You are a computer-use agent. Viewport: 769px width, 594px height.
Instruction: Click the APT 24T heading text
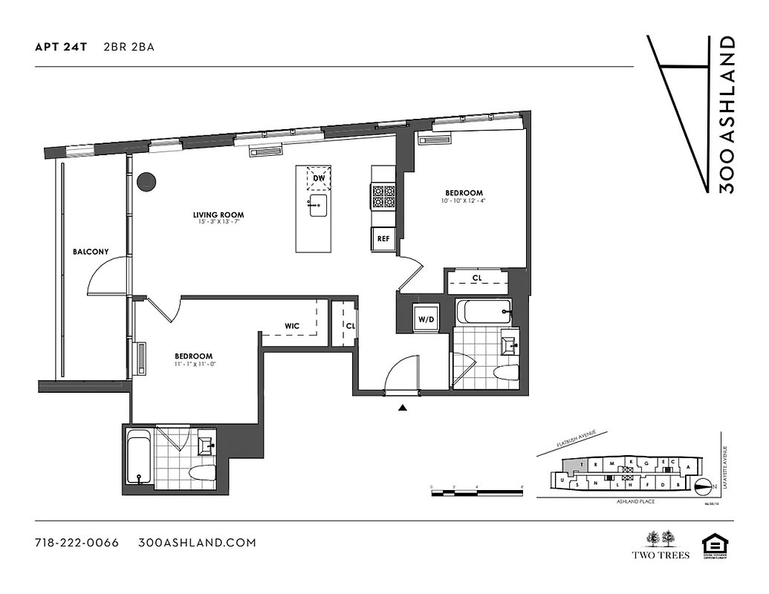[61, 47]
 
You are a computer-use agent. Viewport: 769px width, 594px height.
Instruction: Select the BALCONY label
[91, 252]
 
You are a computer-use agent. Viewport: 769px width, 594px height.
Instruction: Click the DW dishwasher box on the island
[318, 179]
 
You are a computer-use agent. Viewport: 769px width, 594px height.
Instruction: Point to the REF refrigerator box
[383, 239]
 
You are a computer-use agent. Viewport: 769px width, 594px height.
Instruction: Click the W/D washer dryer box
[426, 319]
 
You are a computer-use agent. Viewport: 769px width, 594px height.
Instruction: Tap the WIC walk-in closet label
[292, 325]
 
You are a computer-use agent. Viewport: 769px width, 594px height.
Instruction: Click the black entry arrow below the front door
[402, 407]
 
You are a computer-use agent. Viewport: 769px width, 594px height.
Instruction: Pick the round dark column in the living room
[146, 180]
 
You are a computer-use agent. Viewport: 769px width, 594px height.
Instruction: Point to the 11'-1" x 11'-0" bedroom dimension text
[193, 364]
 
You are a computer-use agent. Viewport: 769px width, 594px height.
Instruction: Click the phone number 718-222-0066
[77, 543]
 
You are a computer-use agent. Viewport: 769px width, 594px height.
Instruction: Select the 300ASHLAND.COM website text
[197, 543]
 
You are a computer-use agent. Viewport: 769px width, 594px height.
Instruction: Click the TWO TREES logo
[661, 545]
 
